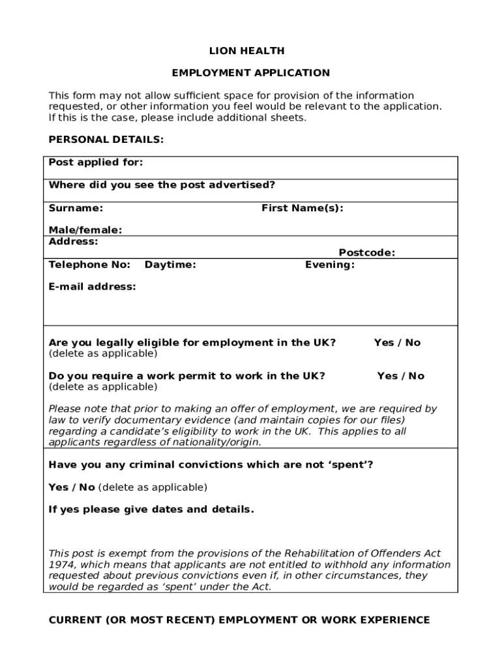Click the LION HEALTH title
click(x=251, y=51)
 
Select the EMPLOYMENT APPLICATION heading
click(x=251, y=73)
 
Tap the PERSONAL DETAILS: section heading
click(x=106, y=140)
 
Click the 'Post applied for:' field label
click(x=96, y=162)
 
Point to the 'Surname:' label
click(x=76, y=208)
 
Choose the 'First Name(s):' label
click(x=303, y=208)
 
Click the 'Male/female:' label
click(x=85, y=230)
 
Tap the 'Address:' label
click(x=74, y=241)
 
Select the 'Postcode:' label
click(x=366, y=252)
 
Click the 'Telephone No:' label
click(x=90, y=264)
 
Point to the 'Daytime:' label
click(x=170, y=264)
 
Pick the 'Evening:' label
click(x=330, y=264)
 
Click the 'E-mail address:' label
click(x=93, y=286)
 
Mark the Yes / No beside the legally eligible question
click(x=397, y=342)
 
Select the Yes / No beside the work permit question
click(x=400, y=376)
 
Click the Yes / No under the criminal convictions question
click(x=72, y=487)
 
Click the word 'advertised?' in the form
click(x=242, y=185)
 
